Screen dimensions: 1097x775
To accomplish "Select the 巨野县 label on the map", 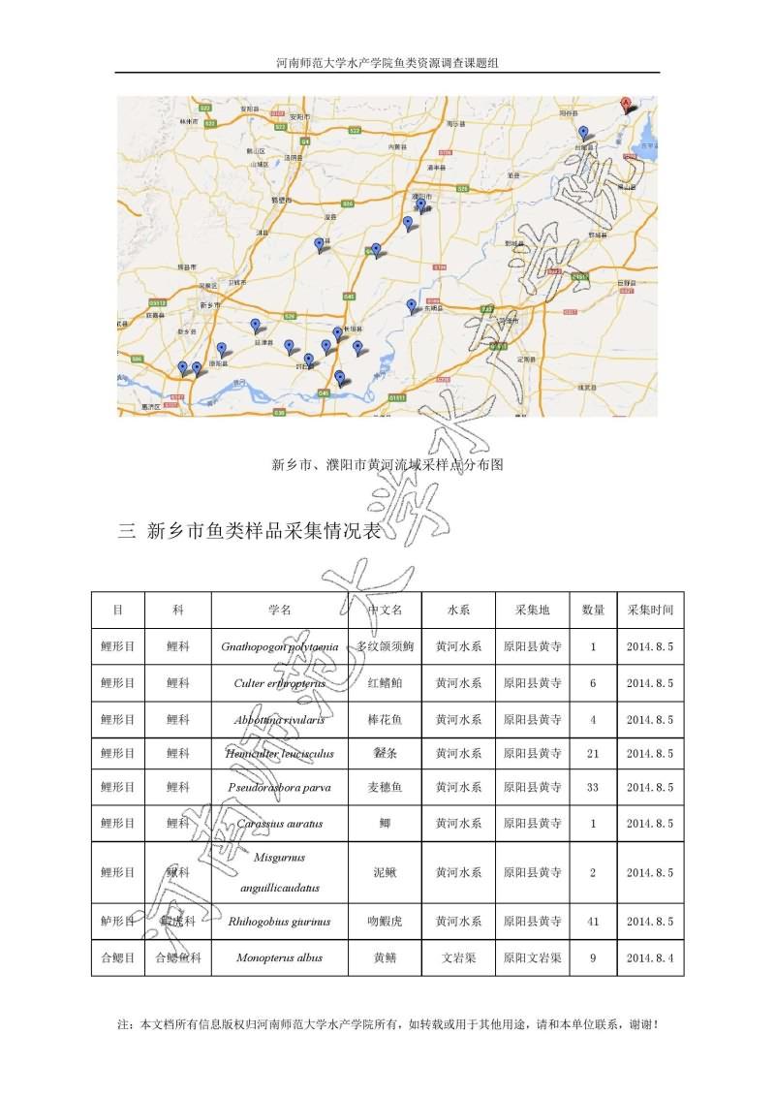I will pos(628,282).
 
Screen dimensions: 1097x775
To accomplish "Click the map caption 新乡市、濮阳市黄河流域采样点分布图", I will pos(387,464).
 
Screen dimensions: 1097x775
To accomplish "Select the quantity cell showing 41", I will pos(593,922).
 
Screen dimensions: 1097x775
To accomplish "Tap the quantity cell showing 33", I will pos(593,787).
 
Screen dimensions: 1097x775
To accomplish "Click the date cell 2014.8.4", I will pos(649,957).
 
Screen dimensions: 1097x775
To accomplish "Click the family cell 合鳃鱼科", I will pos(177,957).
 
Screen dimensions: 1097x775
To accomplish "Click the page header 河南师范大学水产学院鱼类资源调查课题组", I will pos(387,62).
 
